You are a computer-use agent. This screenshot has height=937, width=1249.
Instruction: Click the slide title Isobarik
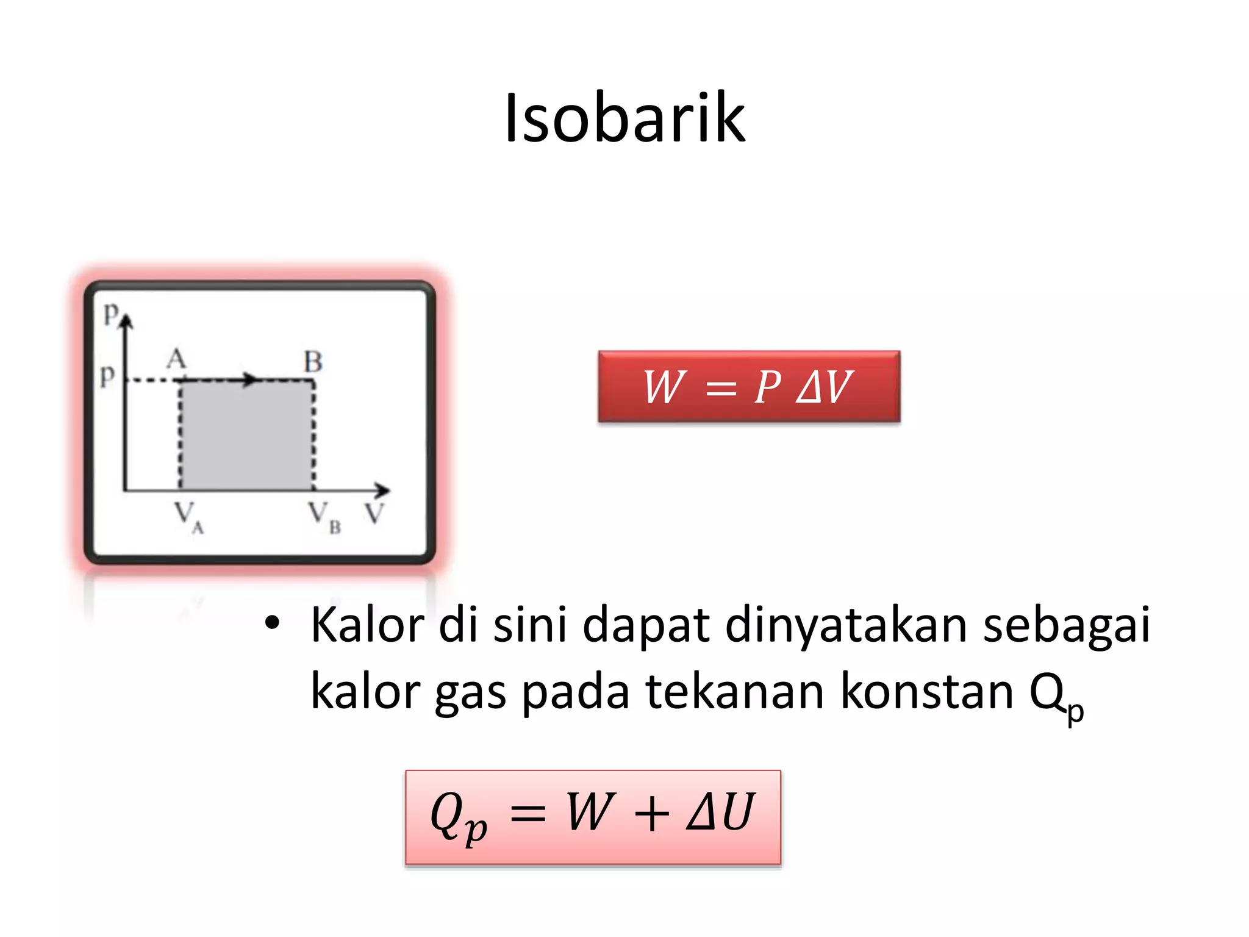tap(624, 118)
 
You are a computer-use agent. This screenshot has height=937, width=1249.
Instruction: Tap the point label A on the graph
tap(176, 359)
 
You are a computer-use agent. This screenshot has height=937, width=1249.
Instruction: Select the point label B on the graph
tap(313, 362)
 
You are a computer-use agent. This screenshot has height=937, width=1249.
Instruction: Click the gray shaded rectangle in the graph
tap(247, 436)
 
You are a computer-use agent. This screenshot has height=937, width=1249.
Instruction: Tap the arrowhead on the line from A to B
tap(250, 379)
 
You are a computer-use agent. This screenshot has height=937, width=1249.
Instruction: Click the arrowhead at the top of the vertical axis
tap(126, 321)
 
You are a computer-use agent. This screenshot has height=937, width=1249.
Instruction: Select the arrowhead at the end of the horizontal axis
tap(382, 490)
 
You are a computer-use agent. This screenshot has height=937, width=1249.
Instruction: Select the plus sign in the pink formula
tap(651, 814)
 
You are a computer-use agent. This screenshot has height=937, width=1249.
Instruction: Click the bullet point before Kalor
tap(272, 623)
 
